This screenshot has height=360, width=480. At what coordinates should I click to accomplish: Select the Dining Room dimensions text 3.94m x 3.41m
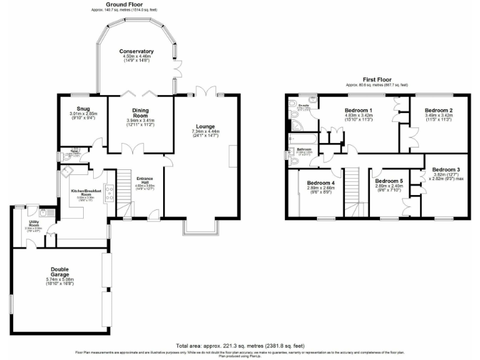tap(136, 120)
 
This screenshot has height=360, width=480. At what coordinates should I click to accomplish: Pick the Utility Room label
tap(34, 222)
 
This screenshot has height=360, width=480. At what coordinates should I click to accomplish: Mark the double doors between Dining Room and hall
tap(134, 150)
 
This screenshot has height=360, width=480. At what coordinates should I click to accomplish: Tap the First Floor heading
tap(376, 79)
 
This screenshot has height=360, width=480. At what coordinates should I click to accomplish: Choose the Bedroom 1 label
tap(359, 110)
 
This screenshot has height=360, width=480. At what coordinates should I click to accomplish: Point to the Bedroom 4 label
tap(321, 182)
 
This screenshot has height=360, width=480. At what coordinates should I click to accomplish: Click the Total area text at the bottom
tap(240, 345)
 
